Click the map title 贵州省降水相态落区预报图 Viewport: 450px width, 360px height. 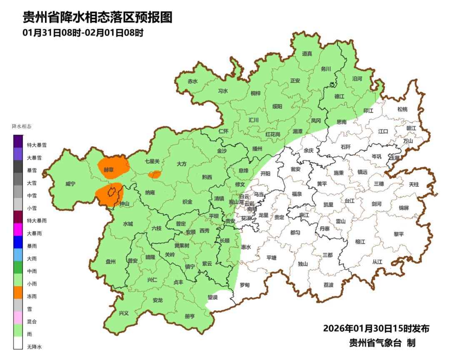pyautogui.click(x=97, y=17)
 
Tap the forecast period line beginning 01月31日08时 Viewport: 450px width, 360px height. pyautogui.click(x=83, y=33)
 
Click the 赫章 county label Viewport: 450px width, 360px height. pyautogui.click(x=109, y=170)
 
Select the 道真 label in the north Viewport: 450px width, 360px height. pyautogui.click(x=307, y=53)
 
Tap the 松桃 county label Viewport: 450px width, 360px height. pyautogui.click(x=402, y=109)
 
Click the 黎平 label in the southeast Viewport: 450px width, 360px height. pyautogui.click(x=399, y=234)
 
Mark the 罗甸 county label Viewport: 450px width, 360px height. pyautogui.click(x=245, y=285)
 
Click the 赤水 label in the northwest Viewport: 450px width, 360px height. pyautogui.click(x=192, y=82)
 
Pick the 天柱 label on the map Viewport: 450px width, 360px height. pyautogui.click(x=414, y=184)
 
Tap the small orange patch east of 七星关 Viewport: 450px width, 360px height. pyautogui.click(x=155, y=174)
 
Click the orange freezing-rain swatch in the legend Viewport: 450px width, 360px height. pyautogui.click(x=18, y=293)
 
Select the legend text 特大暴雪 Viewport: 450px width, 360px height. pyautogui.click(x=37, y=145)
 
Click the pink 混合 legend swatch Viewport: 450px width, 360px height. pyautogui.click(x=18, y=318)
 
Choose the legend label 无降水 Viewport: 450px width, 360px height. pyautogui.click(x=35, y=347)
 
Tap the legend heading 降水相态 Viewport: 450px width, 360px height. pyautogui.click(x=22, y=126)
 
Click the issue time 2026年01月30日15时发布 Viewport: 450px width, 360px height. pyautogui.click(x=376, y=328)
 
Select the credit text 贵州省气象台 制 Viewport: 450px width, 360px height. pyautogui.click(x=382, y=343)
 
